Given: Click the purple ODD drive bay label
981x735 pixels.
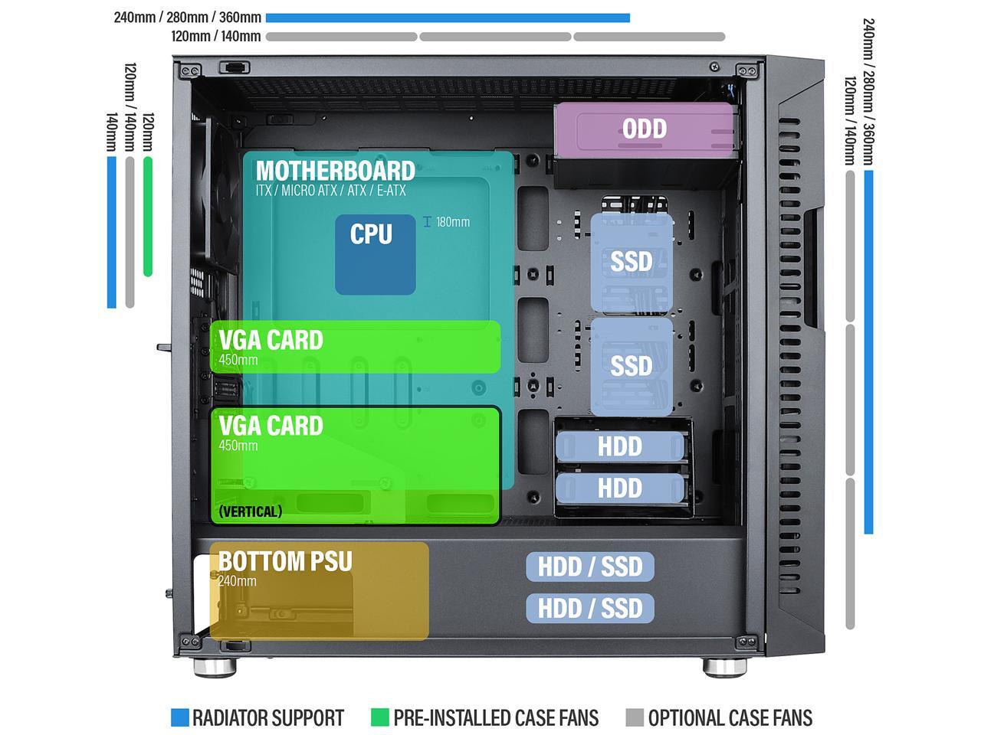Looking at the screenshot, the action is point(644,129).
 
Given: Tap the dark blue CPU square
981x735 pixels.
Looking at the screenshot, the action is point(375,254).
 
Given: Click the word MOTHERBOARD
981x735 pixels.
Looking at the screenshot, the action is point(335,171).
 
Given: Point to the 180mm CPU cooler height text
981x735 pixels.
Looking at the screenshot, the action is point(453,222).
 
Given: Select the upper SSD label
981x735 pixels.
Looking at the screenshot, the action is point(631,262).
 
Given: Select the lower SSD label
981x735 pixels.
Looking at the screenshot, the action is point(631,366).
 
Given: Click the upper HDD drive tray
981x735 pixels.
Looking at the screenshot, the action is point(620,446).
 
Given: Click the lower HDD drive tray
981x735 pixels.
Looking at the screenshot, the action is point(620,488).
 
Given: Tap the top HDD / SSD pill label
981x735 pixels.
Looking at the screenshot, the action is point(590,567).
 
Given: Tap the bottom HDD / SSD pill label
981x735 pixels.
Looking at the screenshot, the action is point(590,608).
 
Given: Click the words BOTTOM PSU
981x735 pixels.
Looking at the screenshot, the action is point(285,561).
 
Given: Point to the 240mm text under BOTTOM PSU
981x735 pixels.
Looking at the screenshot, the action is point(238,581).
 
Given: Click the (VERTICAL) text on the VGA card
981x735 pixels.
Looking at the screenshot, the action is point(251,511).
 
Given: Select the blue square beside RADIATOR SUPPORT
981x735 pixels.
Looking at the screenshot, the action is point(179,717).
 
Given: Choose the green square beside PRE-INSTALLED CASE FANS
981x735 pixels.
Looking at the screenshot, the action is point(380,717).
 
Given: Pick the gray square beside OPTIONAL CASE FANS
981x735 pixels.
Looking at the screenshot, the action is point(635,717).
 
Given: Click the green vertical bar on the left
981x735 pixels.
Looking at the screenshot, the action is point(148,217).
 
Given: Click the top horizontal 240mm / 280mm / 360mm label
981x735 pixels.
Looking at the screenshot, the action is point(187,18).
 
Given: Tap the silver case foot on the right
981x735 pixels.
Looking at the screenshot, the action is point(724,668).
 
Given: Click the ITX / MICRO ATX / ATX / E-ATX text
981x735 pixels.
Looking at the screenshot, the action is point(331,191).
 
